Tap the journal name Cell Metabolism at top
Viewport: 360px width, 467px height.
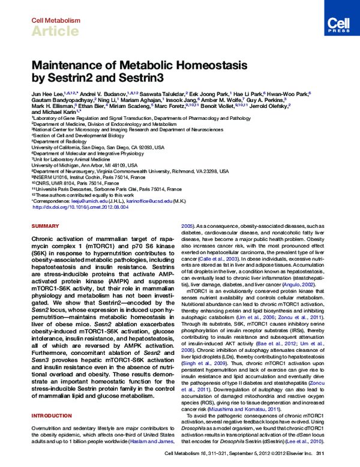coord(55,20)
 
